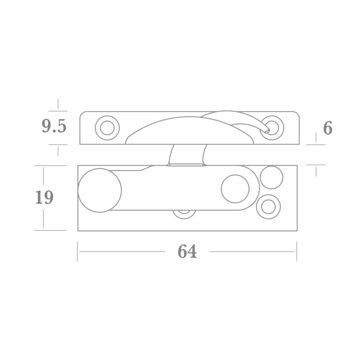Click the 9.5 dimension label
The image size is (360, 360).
tap(54, 127)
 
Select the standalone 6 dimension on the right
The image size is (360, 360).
tap(328, 129)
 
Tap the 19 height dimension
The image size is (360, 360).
tap(45, 198)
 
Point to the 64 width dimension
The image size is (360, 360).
tap(187, 252)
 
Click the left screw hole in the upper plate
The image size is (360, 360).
tap(107, 128)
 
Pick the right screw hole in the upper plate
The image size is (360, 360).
tap(273, 127)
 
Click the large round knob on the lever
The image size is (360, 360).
tap(100, 190)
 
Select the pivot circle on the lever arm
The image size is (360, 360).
tap(235, 189)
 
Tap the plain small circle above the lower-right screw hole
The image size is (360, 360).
tap(272, 177)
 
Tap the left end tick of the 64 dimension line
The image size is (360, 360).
tap(77, 251)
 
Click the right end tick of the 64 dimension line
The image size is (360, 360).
tap(297, 251)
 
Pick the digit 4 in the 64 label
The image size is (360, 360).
tap(192, 252)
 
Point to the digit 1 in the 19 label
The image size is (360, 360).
tap(39, 198)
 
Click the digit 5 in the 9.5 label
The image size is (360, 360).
tap(61, 127)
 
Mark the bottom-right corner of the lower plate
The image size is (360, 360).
tap(297, 231)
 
